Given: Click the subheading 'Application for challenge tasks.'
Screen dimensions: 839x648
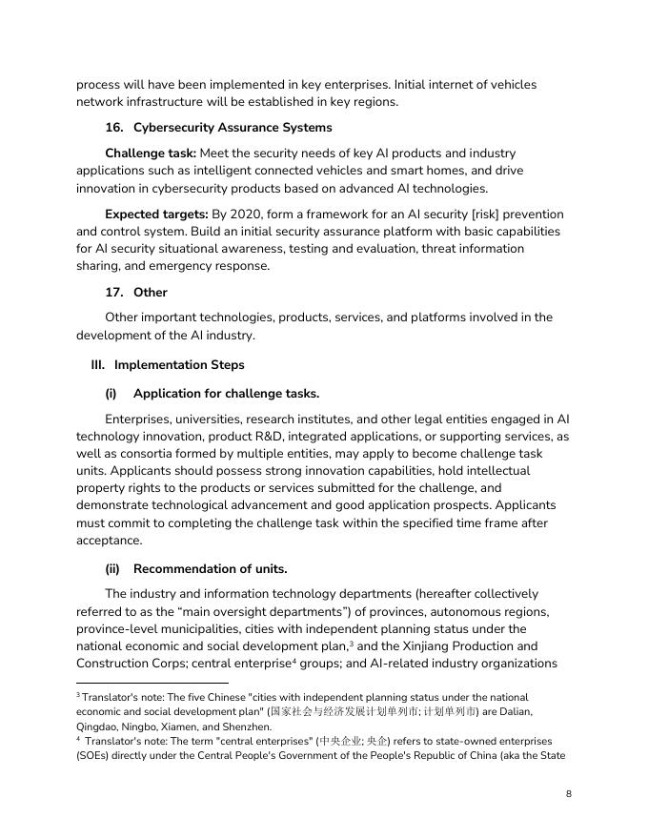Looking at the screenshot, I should coord(226,394).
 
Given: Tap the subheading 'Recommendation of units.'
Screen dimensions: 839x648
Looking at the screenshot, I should coord(210,569).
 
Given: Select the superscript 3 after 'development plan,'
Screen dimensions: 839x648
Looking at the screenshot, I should coord(326,642).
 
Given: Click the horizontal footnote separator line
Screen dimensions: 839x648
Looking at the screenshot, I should coord(152,683).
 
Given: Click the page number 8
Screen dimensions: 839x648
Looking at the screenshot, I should coord(568,793).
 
